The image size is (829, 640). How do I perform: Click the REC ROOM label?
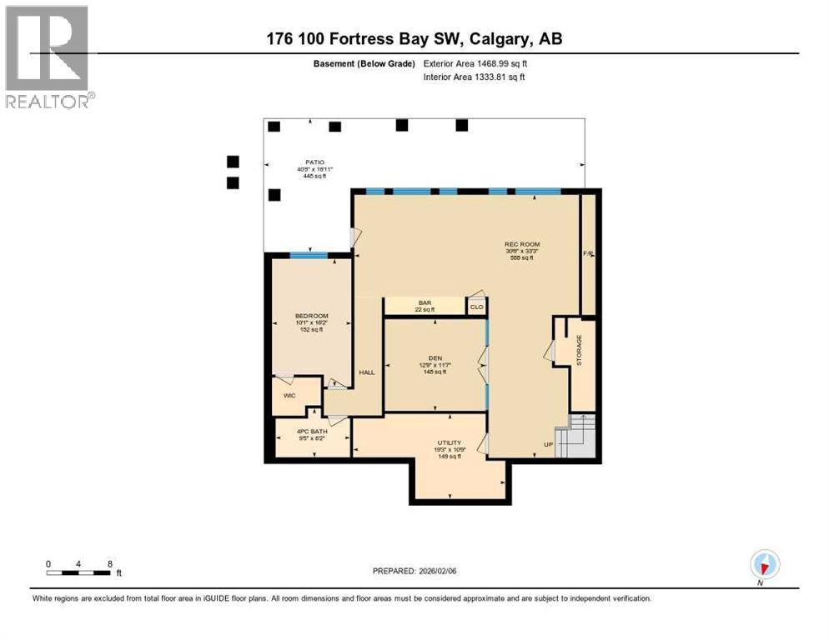pyautogui.click(x=519, y=244)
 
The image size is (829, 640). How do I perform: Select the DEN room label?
pyautogui.click(x=435, y=357)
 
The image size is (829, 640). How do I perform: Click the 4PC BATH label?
pyautogui.click(x=312, y=432)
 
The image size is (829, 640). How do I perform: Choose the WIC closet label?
pyautogui.click(x=289, y=396)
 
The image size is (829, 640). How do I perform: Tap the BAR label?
pyautogui.click(x=424, y=302)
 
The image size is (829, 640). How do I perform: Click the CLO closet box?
pyautogui.click(x=476, y=307)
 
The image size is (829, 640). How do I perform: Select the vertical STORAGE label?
pyautogui.click(x=580, y=350)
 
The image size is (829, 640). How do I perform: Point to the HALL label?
pyautogui.click(x=366, y=372)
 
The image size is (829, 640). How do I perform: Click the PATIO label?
pyautogui.click(x=314, y=163)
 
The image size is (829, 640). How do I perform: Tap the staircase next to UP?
pyautogui.click(x=577, y=437)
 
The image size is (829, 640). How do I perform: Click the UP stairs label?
pyautogui.click(x=548, y=444)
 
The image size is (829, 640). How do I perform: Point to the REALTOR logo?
pyautogui.click(x=48, y=57)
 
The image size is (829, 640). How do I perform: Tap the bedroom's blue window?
pyautogui.click(x=309, y=255)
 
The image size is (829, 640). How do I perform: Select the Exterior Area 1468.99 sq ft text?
pyautogui.click(x=475, y=63)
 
